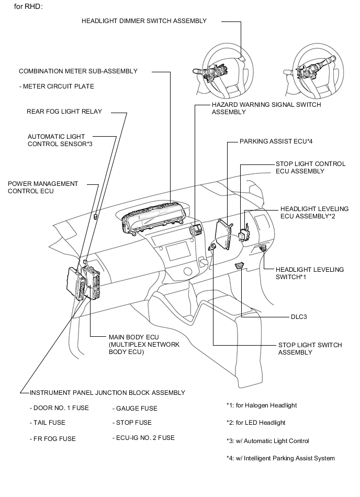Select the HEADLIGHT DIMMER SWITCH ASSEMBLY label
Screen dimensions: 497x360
(x=144, y=21)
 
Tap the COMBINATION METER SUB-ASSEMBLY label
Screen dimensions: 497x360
(x=78, y=71)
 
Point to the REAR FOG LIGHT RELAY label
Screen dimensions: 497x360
(x=64, y=111)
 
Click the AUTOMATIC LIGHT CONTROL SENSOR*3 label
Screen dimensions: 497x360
(x=60, y=140)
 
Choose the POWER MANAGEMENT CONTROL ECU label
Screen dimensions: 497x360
(x=43, y=187)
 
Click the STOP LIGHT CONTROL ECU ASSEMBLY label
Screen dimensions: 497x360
(x=310, y=168)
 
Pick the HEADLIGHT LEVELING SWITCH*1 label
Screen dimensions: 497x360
(x=310, y=273)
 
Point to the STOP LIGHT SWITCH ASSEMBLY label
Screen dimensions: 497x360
(x=310, y=349)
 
